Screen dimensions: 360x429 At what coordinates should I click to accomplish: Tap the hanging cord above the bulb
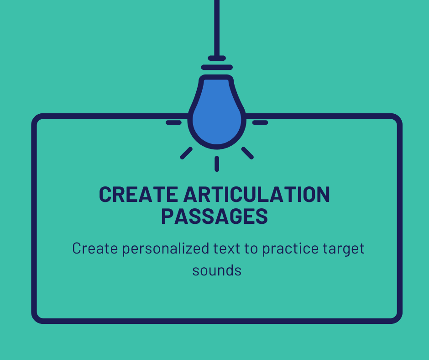pyautogui.click(x=217, y=27)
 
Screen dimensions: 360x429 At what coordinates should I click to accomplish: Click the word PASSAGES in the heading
pyautogui.click(x=214, y=216)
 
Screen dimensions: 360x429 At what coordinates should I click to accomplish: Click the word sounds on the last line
pyautogui.click(x=217, y=270)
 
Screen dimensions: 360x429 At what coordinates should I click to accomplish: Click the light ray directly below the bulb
pyautogui.click(x=217, y=164)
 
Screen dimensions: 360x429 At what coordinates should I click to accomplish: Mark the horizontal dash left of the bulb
pyautogui.click(x=173, y=122)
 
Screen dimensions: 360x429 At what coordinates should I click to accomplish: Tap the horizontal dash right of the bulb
pyautogui.click(x=260, y=122)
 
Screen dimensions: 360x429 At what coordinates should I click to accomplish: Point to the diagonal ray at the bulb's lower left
pyautogui.click(x=186, y=153)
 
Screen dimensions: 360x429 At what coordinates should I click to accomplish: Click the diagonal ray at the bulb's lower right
pyautogui.click(x=247, y=153)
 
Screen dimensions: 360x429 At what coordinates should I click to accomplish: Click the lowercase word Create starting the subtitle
pyautogui.click(x=91, y=249)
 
